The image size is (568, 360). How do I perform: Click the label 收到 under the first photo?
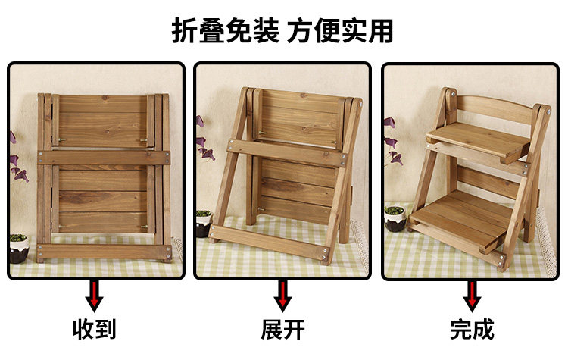coord(94,329)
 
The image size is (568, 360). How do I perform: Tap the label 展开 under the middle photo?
coord(282,329)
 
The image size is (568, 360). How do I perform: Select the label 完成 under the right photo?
coord(472,329)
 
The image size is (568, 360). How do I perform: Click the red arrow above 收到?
coord(94,296)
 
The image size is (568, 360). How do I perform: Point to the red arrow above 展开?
coord(282,296)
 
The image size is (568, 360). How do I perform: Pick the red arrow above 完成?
coord(472,296)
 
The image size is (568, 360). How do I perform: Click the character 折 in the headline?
coord(185,31)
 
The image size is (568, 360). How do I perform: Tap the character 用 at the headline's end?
coord(381,31)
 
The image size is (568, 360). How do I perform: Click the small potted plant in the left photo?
coord(19,248)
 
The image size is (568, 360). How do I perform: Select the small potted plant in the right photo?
coord(394,218)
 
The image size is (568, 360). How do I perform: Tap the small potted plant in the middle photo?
coord(204,224)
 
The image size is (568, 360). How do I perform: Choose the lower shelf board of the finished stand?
coord(460,221)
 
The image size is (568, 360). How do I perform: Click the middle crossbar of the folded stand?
coord(104,158)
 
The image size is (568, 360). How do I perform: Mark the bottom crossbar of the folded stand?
coord(105,252)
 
